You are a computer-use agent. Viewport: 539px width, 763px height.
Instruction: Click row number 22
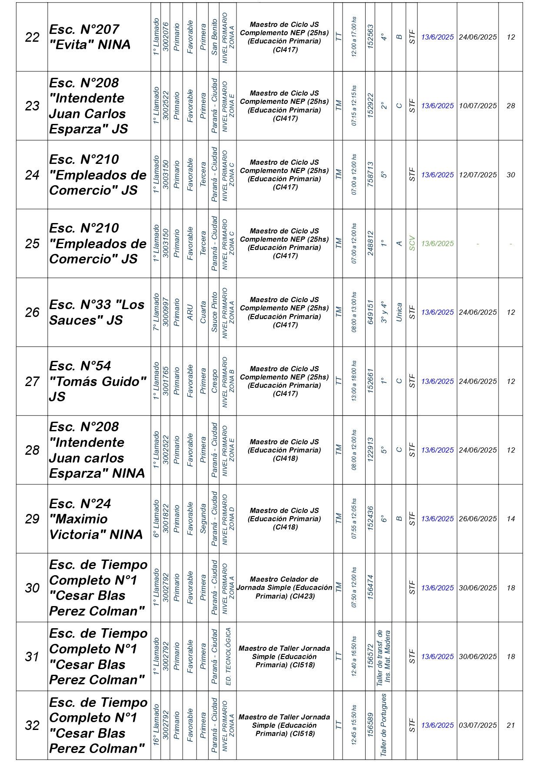coord(32,37)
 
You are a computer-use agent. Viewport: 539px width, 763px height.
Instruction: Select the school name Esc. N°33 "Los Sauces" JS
coord(96,312)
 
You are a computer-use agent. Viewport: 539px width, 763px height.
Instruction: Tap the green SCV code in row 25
coord(412,243)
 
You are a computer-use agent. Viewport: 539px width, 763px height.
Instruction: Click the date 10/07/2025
coord(478,106)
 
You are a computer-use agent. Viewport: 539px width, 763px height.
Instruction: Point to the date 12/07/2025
coord(478,175)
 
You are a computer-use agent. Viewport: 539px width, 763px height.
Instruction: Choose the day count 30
coord(511,175)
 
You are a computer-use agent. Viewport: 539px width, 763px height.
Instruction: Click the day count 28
coord(511,106)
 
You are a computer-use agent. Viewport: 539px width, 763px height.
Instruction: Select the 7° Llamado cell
coord(156,312)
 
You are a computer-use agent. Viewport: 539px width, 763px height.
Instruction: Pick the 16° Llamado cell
coord(156,725)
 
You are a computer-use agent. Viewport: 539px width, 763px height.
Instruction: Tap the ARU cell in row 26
coord(190,312)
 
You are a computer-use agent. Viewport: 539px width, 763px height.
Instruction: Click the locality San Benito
coord(214,37)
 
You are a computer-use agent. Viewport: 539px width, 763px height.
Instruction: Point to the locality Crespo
coord(214,381)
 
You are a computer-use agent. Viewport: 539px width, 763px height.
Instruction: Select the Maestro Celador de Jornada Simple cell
coord(285,587)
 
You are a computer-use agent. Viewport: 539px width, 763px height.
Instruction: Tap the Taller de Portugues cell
coord(383,725)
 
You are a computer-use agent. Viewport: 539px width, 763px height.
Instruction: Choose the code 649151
coord(370,312)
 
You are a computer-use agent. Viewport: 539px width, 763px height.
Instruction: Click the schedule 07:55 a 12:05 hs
coord(354,519)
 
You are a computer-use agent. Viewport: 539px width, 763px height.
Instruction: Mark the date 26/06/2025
coord(478,519)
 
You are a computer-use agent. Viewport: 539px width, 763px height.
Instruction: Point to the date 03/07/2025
coord(478,725)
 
